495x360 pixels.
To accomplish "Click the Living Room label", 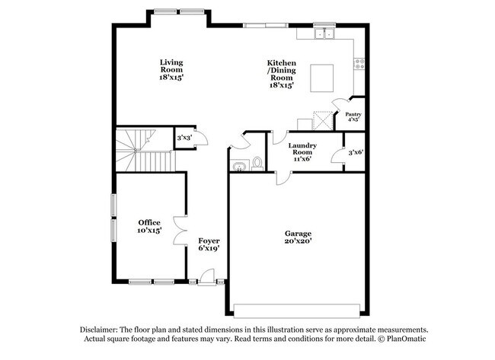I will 171,69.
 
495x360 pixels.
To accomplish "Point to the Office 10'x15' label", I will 149,226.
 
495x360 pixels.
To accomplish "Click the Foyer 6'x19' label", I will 209,244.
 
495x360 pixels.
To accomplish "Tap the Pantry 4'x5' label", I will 353,116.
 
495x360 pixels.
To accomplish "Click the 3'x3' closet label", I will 183,138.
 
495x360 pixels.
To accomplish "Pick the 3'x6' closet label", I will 355,152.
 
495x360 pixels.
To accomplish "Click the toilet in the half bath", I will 257,162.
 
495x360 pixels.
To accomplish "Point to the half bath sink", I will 238,164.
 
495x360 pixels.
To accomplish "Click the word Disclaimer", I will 102,329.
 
